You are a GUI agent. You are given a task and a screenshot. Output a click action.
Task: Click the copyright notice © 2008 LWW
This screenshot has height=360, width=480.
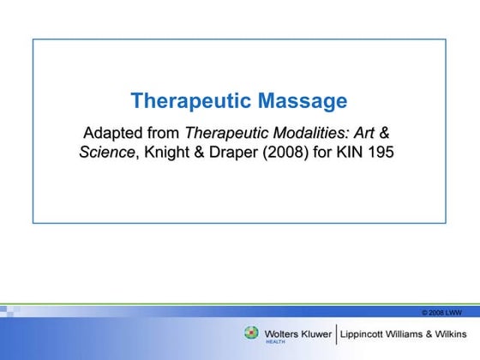tap(442, 312)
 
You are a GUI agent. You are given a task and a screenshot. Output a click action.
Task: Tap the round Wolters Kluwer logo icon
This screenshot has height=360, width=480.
tap(251, 333)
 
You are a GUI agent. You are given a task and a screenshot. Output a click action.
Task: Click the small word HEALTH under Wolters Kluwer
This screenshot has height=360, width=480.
tap(276, 341)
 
